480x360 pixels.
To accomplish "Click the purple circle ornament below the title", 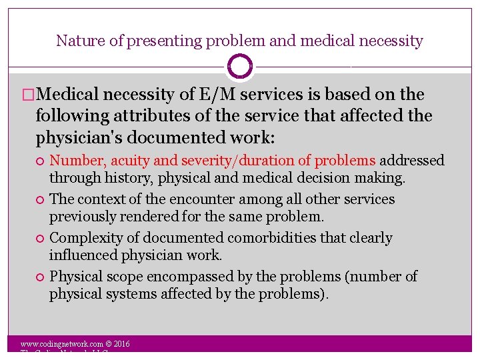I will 240,67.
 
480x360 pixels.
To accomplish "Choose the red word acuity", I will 129,161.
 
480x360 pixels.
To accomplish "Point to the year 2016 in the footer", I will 121,345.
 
